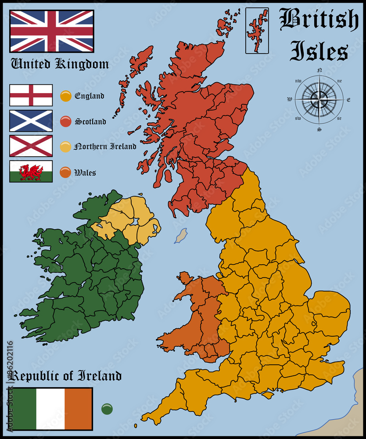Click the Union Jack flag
click(52, 31)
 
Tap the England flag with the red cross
click(31, 95)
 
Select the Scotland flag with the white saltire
click(31, 121)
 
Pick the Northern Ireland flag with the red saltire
click(31, 146)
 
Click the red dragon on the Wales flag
click(31, 171)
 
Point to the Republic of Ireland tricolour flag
click(51, 409)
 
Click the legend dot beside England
click(66, 96)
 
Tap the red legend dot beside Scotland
click(66, 121)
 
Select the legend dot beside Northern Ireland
click(66, 147)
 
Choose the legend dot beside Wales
click(66, 172)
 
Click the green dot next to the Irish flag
click(107, 409)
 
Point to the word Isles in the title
click(319, 51)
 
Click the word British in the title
click(319, 20)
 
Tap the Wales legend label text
click(85, 173)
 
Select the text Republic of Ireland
click(65, 376)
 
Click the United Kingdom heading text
click(60, 64)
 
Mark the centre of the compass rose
click(319, 100)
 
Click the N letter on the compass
click(319, 70)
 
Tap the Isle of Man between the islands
click(181, 235)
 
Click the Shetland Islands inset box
click(257, 30)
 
